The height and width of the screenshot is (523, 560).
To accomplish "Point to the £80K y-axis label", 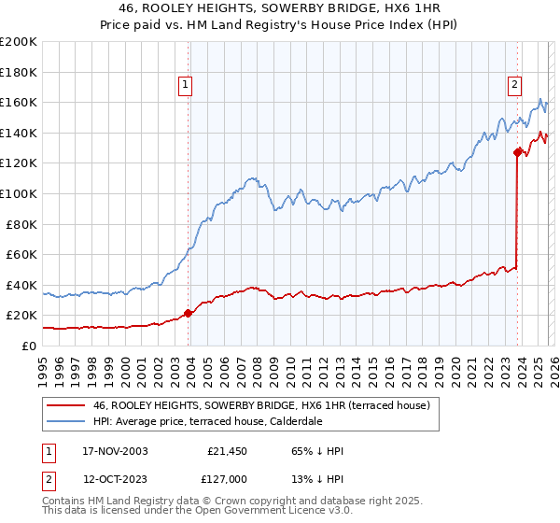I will point(21,224).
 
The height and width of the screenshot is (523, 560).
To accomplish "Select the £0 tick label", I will point(29,346).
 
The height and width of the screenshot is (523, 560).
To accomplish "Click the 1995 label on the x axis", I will point(43,364).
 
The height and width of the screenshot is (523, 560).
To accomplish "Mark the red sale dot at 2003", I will point(189,313).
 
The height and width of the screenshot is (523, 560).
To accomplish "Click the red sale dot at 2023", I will point(517,152).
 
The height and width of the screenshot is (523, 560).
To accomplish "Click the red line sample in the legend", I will point(67,406).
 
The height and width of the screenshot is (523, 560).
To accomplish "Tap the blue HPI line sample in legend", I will point(67,422).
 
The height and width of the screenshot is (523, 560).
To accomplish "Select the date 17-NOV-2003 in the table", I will point(114,451).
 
